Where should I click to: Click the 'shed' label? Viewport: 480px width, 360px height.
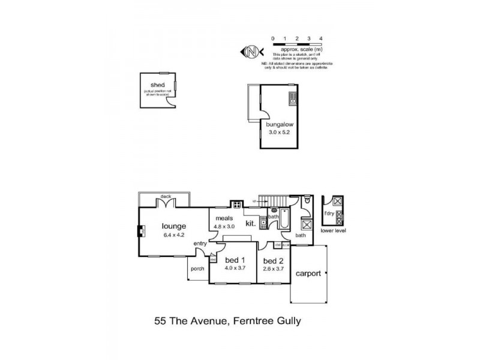158,85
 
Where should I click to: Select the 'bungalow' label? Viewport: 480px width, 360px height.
279,125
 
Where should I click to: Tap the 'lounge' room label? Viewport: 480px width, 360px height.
174,226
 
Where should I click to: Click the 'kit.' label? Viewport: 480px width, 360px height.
251,223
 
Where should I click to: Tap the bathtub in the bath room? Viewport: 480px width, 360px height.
285,219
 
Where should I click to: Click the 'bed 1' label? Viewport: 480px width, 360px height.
235,260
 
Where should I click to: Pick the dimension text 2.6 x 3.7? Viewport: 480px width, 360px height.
273,268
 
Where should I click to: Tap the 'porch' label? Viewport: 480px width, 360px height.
197,268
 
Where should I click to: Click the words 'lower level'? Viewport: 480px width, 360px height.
333,230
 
